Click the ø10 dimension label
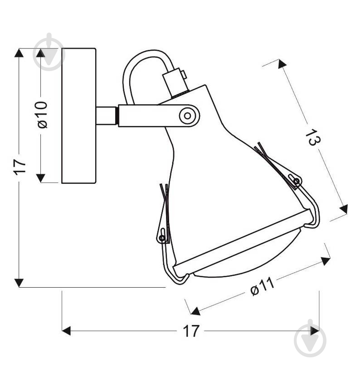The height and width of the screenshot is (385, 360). coord(42,115)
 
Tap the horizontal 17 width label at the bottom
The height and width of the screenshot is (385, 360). coord(191,331)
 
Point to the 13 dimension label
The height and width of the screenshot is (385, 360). coord(311,137)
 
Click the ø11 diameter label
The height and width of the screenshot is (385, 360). coord(262,286)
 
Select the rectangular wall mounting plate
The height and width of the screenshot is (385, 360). coord(78,115)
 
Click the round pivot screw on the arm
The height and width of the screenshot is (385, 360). coord(186,115)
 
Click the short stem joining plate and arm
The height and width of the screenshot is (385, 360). coord(107,115)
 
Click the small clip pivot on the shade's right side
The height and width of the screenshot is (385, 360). coord(297,182)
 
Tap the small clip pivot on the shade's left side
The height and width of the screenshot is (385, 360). coord(161,237)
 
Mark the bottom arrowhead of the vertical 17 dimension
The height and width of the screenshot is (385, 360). coord(19,282)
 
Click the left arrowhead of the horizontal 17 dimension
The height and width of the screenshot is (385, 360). coord(67,331)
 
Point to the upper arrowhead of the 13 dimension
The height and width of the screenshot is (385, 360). coord(282,64)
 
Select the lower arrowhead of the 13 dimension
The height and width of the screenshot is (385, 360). coord(343,209)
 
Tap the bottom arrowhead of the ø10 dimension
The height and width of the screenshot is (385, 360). coord(41,178)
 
